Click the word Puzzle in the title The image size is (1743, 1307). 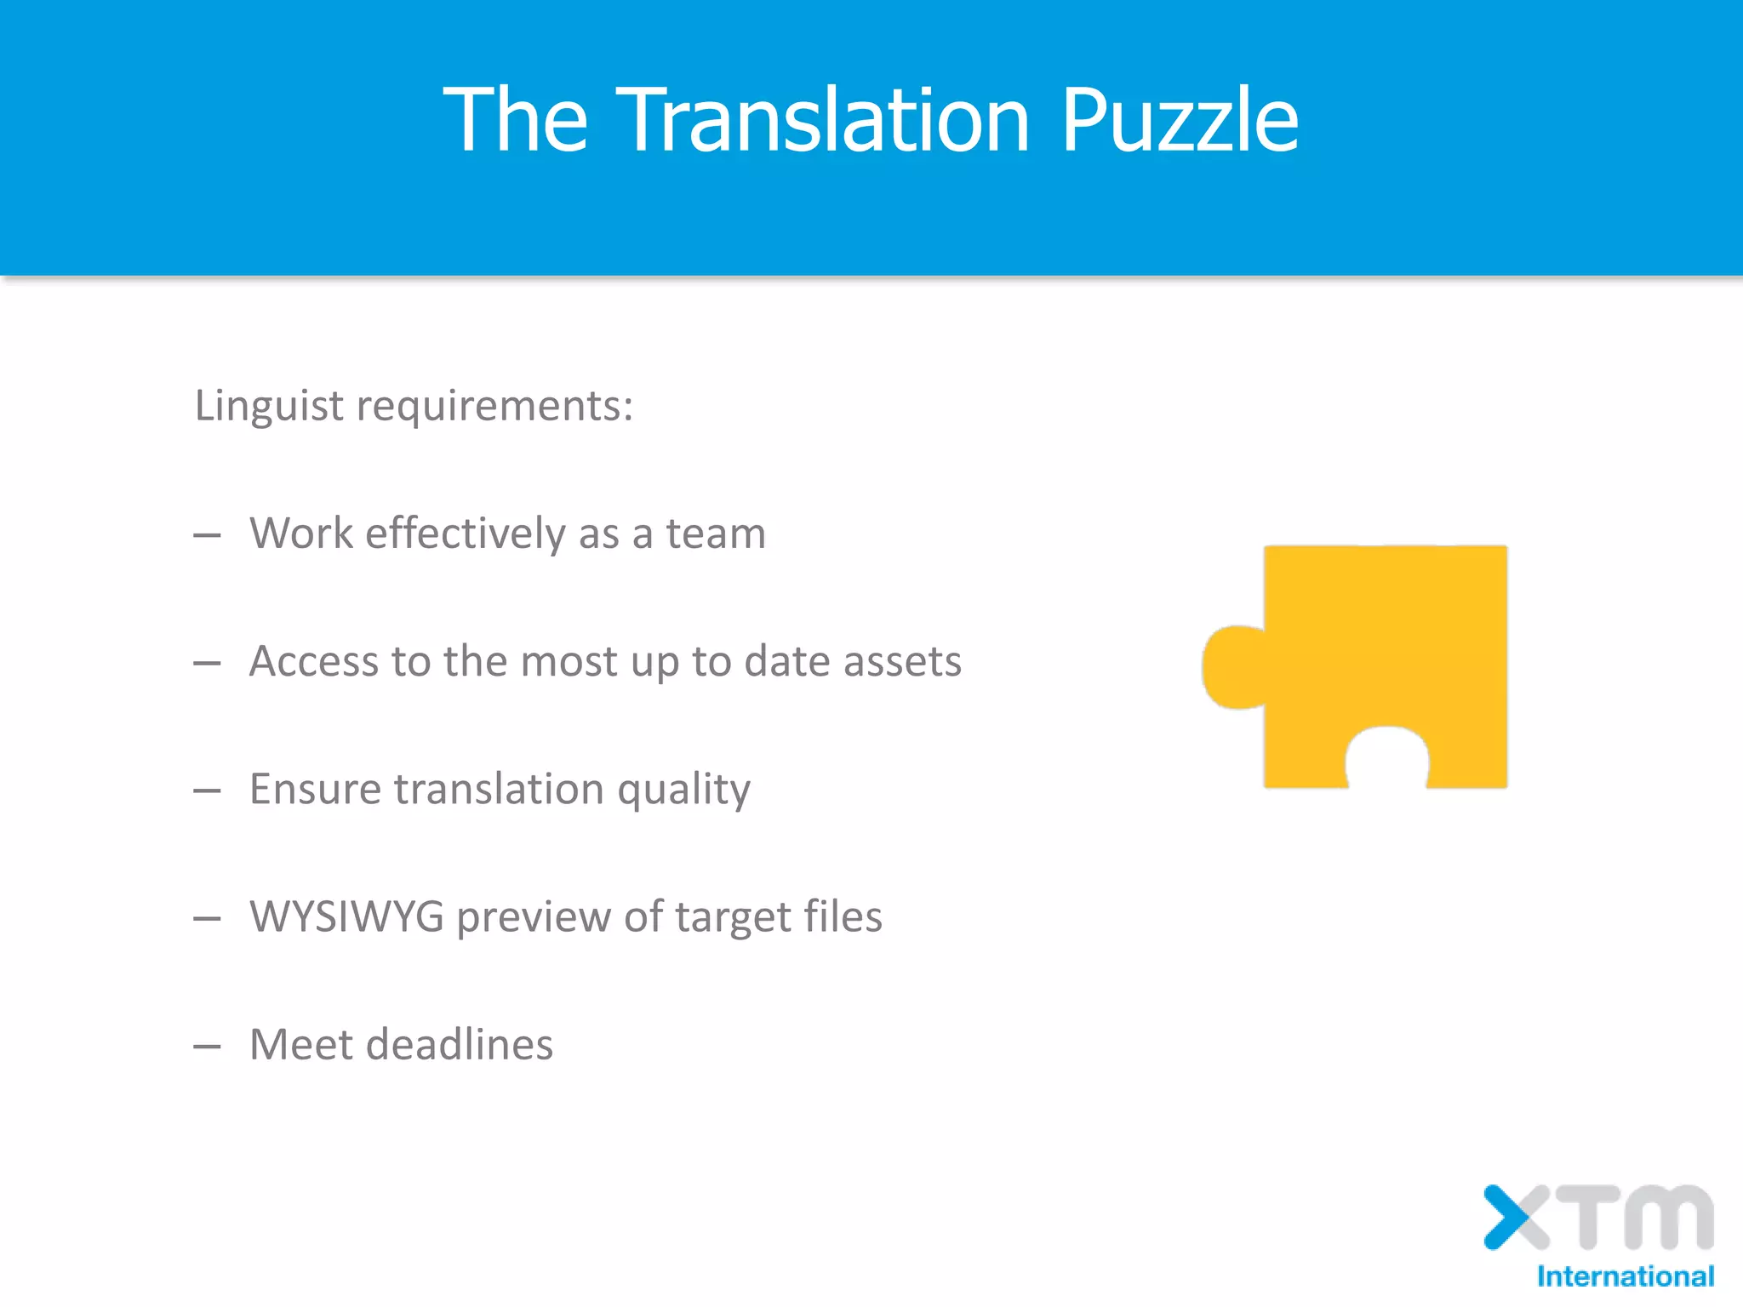(1180, 121)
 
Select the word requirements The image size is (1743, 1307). (494, 406)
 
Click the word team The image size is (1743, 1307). (715, 534)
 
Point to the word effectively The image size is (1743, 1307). (465, 534)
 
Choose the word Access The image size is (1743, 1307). (314, 662)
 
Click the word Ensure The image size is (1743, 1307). (315, 790)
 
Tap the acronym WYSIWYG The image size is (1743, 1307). (346, 917)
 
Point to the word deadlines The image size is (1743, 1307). (460, 1045)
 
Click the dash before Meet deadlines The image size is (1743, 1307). (207, 1047)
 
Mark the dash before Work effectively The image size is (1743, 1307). (207, 536)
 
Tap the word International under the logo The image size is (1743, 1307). (1625, 1276)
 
